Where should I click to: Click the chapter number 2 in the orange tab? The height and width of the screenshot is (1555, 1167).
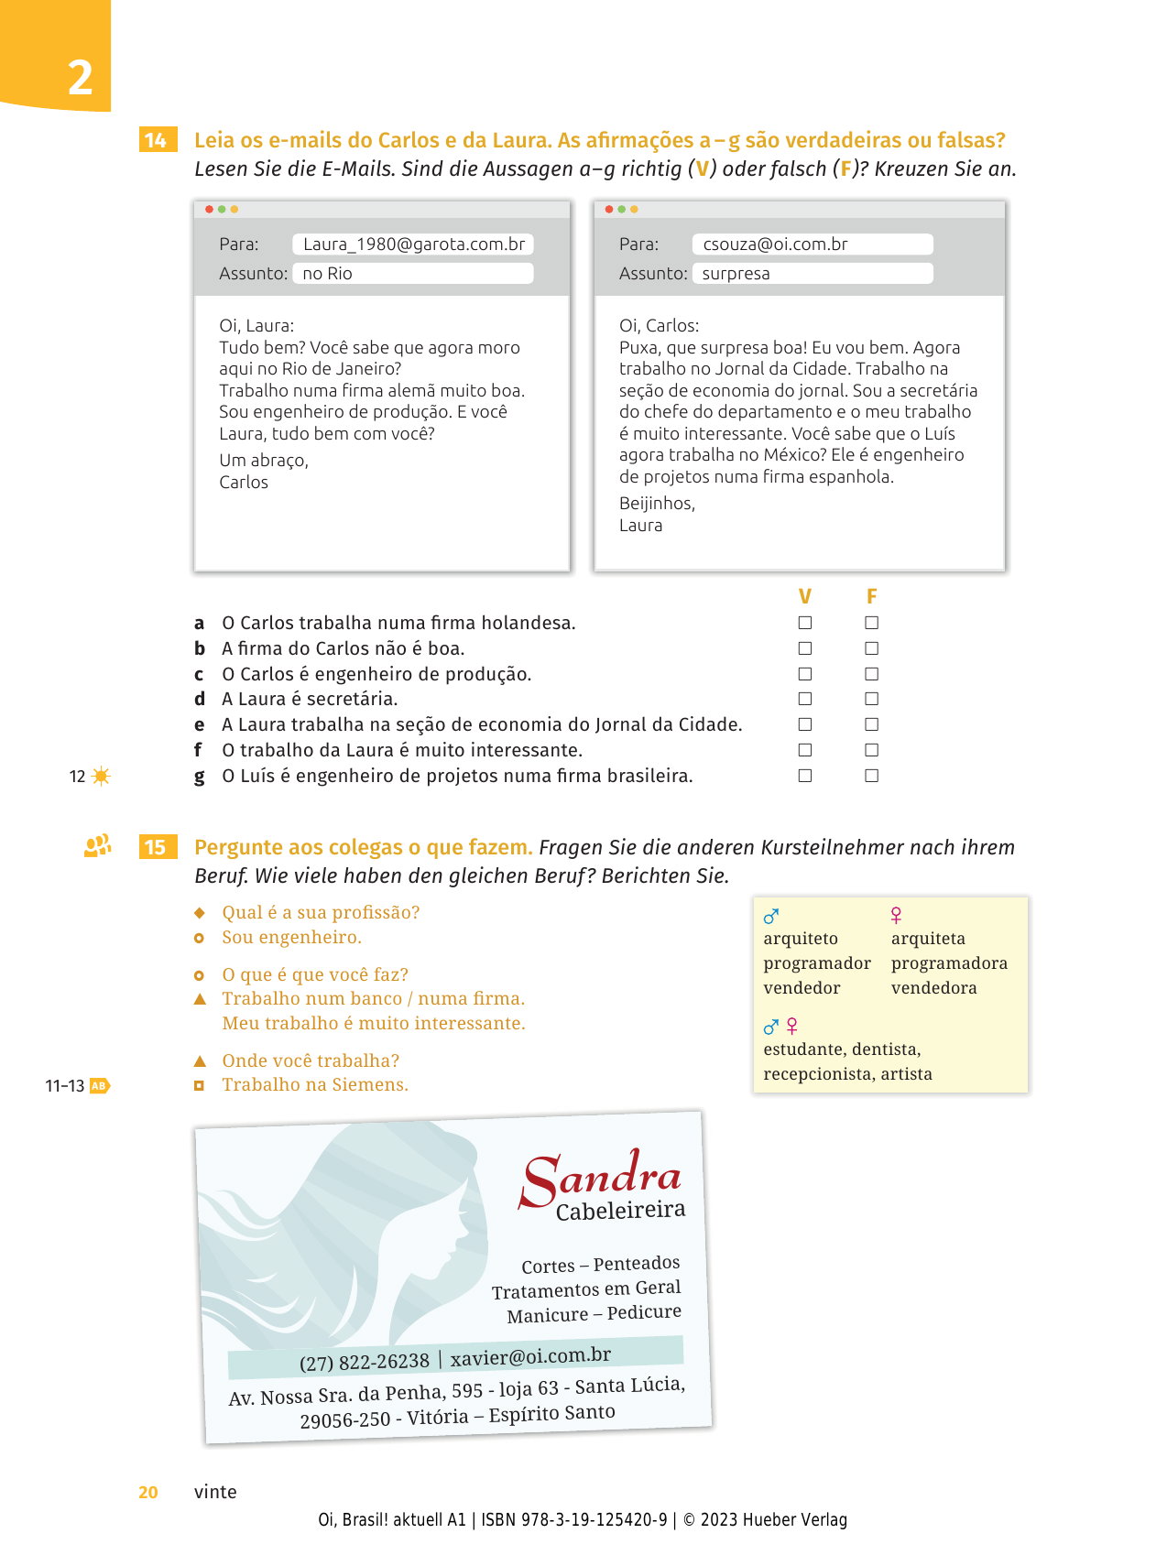click(x=81, y=78)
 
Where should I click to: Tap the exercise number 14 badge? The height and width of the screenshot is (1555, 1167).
click(x=157, y=140)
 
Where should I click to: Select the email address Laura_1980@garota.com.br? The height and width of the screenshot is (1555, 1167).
click(x=414, y=245)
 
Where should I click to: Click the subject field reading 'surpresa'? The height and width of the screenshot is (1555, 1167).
click(x=736, y=274)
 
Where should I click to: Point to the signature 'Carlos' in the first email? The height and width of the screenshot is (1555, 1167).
click(x=244, y=483)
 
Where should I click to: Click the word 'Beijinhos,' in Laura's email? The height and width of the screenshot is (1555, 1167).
click(x=657, y=504)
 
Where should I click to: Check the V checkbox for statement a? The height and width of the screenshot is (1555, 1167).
click(x=805, y=623)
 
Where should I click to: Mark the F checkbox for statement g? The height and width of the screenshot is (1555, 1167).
click(x=872, y=776)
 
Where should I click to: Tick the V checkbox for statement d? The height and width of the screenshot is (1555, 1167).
click(x=805, y=699)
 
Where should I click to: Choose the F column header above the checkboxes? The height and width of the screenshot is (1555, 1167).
click(x=872, y=597)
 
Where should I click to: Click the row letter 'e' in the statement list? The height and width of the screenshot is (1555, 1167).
click(x=199, y=724)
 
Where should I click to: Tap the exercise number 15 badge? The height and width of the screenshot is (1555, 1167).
click(x=157, y=847)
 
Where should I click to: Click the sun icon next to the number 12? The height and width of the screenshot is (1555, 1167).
click(x=101, y=777)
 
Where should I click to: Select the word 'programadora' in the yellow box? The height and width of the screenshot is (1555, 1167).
click(x=949, y=963)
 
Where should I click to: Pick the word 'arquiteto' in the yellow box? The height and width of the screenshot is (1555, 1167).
click(x=801, y=939)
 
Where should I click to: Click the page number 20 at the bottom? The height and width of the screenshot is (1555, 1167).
click(x=148, y=1492)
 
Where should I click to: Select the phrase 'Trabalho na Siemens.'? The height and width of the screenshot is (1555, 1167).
click(x=315, y=1085)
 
